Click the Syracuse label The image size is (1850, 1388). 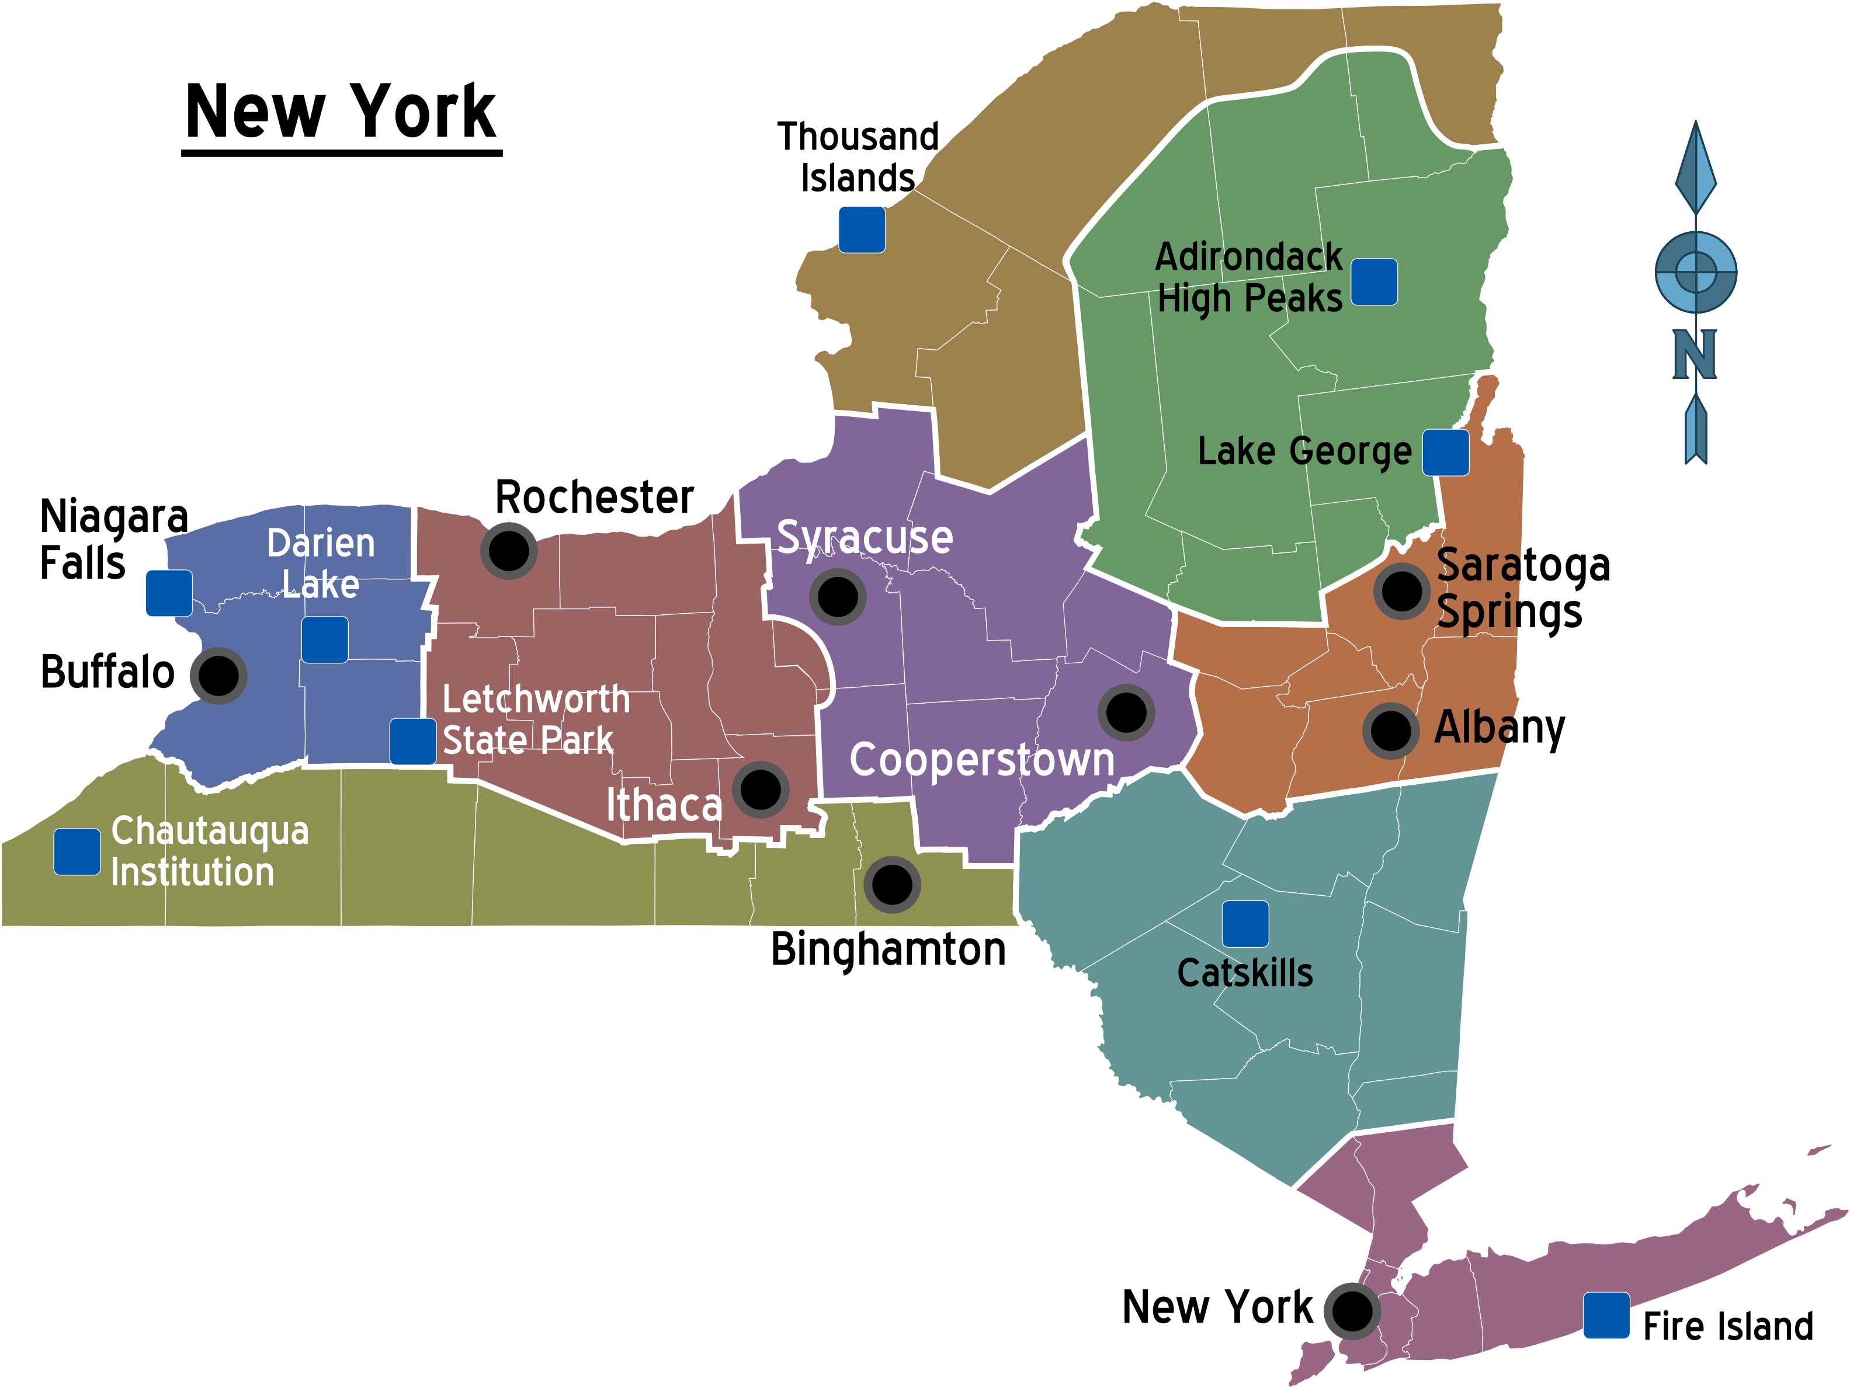point(864,538)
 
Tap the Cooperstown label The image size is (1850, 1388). point(982,760)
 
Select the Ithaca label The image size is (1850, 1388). point(663,805)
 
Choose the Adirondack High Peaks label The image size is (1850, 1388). point(1249,277)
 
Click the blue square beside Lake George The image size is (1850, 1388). point(1446,453)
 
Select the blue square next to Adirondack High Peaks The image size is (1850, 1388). point(1374,282)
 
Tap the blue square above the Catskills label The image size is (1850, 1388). point(1245,924)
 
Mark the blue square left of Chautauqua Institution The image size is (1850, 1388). point(77,852)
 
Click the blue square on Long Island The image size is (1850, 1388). point(1606,1315)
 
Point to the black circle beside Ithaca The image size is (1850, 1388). point(760,789)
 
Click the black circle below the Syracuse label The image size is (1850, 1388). point(837,597)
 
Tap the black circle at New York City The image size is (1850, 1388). point(1352,1311)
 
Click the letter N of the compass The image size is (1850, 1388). point(1695,354)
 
